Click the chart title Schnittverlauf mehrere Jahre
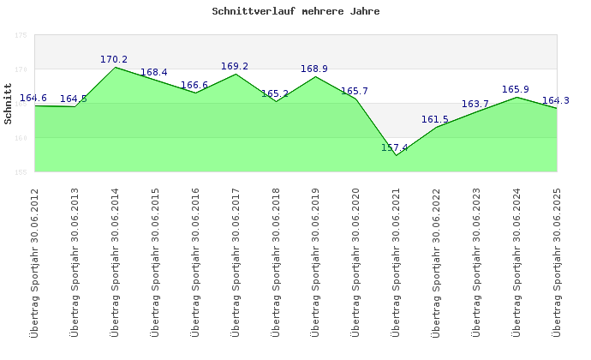295,12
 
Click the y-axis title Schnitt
9,104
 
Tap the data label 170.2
114,60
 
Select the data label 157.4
395,148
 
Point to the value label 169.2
235,66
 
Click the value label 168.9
314,69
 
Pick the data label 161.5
435,120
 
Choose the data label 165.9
516,89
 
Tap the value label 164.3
556,100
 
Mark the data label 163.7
475,105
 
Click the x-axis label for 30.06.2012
34,261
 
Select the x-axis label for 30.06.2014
115,261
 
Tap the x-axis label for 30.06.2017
236,261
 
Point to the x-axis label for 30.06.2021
396,261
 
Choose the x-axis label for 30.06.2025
557,261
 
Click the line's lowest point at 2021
396,155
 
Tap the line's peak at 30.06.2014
115,67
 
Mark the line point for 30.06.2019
315,76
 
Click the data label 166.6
194,86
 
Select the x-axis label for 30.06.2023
476,261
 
